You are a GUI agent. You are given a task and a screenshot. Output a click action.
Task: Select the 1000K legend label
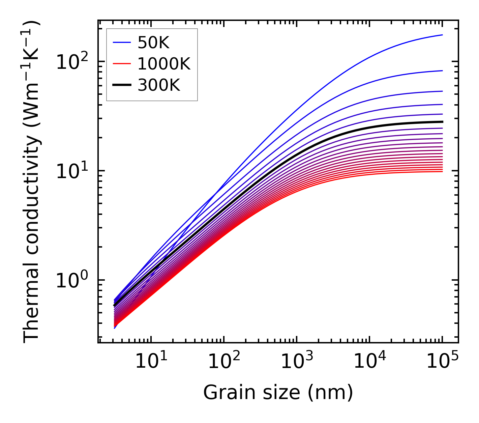(x=164, y=64)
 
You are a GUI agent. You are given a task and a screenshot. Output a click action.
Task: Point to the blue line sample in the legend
(x=121, y=43)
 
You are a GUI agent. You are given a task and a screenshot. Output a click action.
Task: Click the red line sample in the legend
(x=121, y=64)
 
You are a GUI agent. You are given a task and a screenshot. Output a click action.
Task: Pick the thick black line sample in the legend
(x=121, y=85)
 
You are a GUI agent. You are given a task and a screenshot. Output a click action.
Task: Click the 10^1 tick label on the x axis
(x=151, y=362)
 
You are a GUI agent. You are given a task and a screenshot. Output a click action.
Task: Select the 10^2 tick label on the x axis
(x=224, y=362)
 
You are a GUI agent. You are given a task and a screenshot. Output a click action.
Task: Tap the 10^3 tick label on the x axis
(x=297, y=362)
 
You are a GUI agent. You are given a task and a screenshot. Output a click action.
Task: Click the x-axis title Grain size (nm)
(x=278, y=392)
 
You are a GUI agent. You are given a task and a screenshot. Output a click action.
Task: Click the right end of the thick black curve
(x=442, y=122)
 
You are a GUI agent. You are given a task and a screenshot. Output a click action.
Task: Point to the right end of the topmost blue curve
(x=442, y=35)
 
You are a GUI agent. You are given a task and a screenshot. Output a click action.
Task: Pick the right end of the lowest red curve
(x=442, y=172)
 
